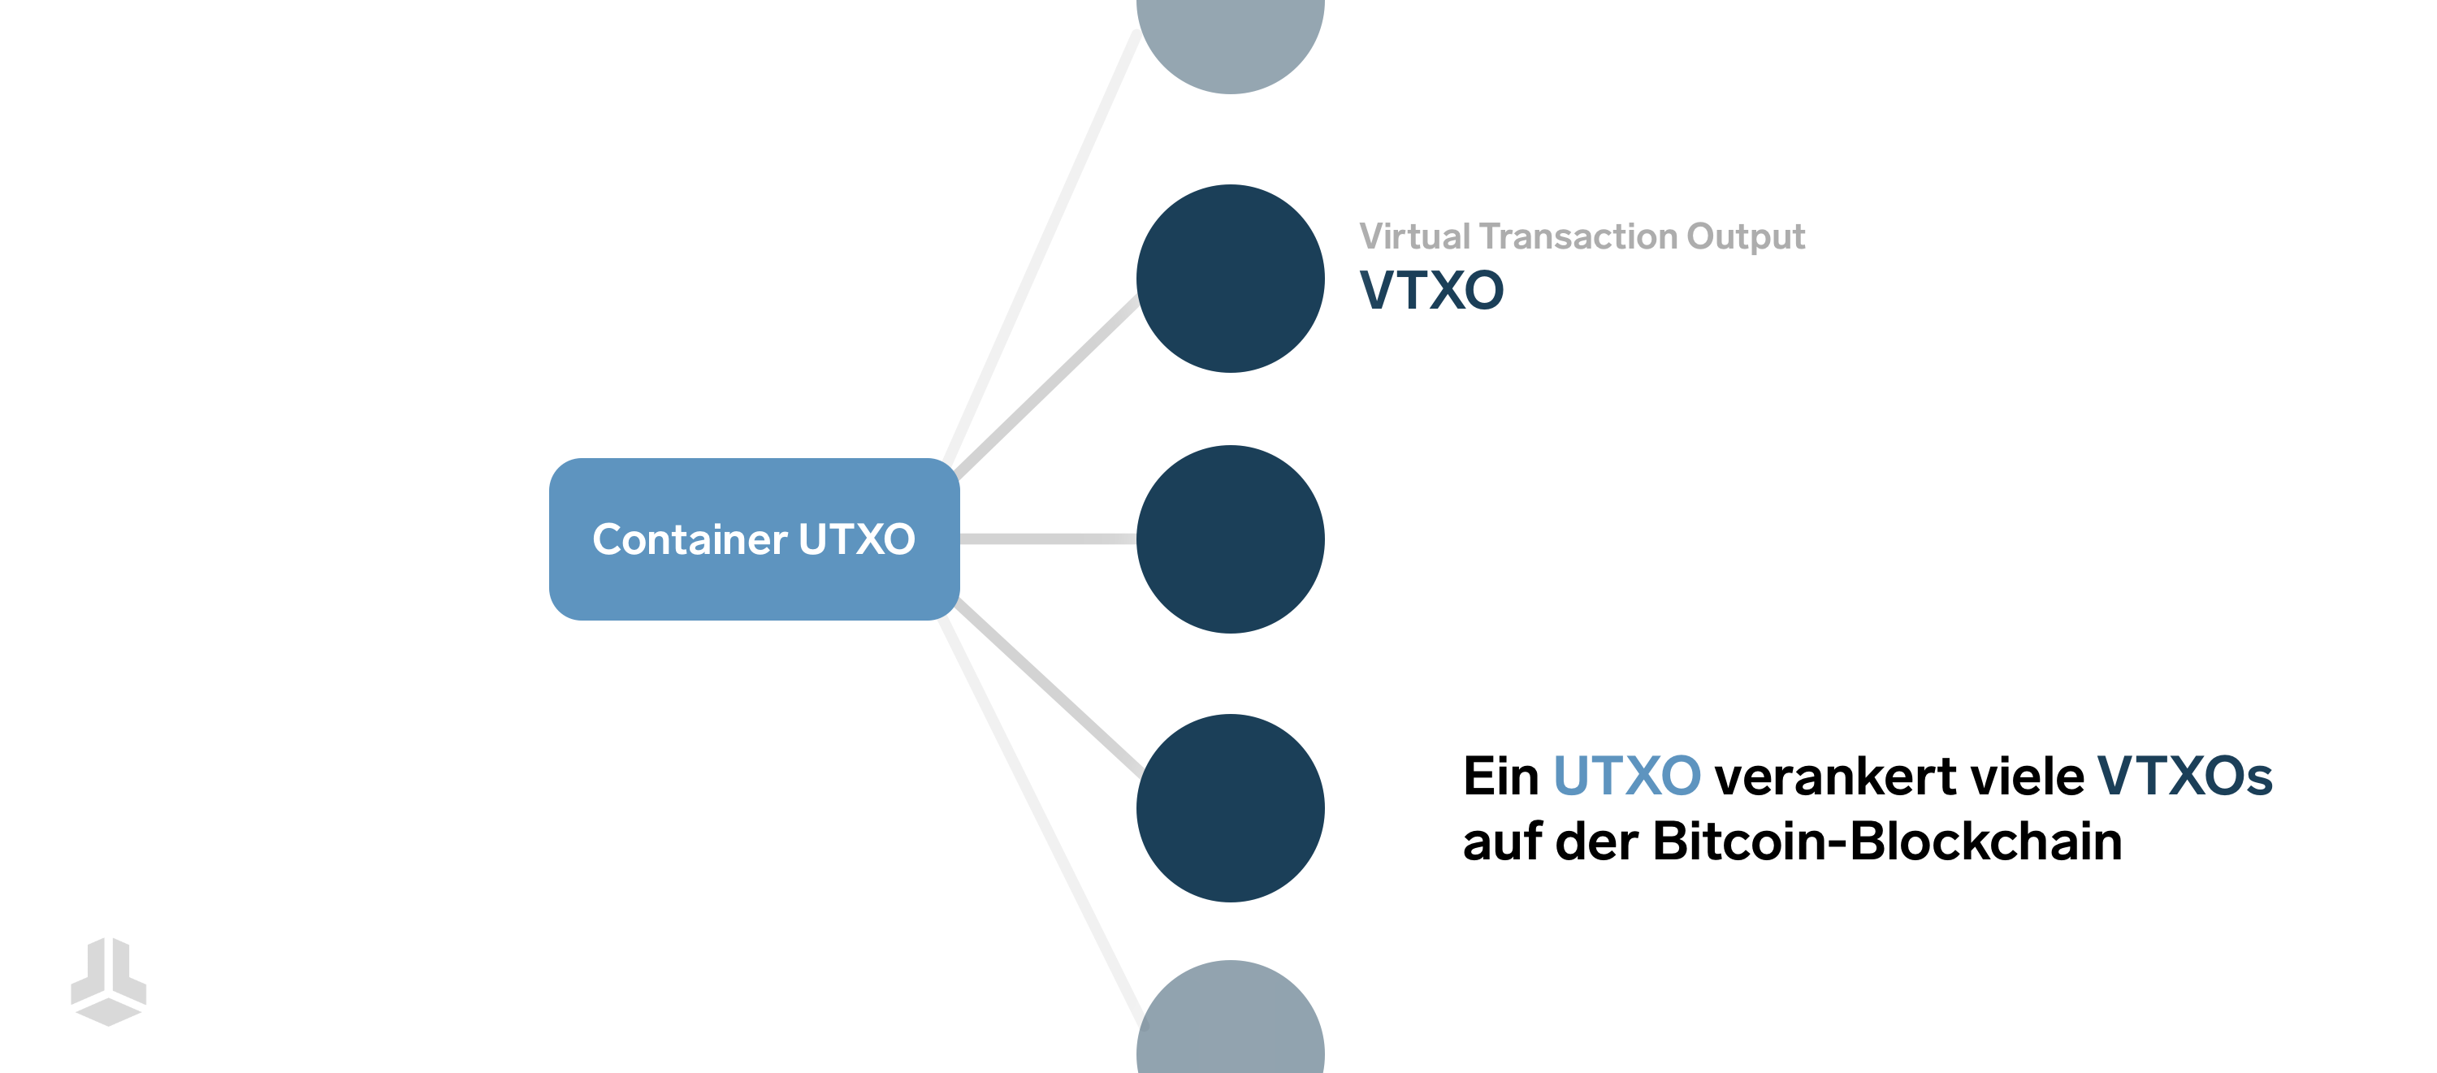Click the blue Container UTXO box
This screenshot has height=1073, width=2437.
[754, 539]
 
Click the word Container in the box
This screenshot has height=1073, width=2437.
[690, 539]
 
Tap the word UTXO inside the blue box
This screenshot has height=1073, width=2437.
[857, 539]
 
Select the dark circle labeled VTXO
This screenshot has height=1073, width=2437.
[1230, 278]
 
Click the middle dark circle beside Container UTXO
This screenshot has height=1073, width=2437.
[1230, 539]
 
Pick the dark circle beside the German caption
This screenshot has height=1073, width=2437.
[1230, 808]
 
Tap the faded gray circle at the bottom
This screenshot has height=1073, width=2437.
[1230, 1017]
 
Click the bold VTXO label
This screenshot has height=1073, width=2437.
[1431, 289]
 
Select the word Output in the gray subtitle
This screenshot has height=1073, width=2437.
[1747, 236]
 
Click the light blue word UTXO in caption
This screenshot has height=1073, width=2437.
[1627, 776]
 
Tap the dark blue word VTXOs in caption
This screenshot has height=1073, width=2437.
[2185, 776]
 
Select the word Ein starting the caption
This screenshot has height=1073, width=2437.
[1501, 776]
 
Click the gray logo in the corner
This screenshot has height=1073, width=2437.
[109, 981]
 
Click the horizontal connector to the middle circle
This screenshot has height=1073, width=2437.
[1048, 539]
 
